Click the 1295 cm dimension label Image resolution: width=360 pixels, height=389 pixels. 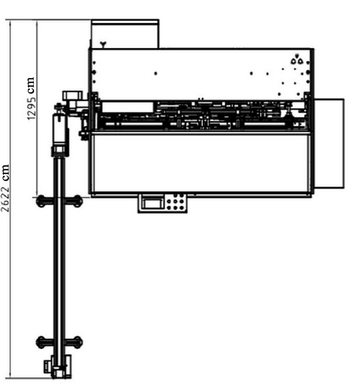[x=30, y=98]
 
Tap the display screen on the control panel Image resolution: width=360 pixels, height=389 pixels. [x=153, y=203]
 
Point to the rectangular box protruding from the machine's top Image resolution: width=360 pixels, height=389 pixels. [x=125, y=34]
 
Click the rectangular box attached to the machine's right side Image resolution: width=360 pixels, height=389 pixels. [x=329, y=143]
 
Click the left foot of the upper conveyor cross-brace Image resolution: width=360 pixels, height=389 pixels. [x=41, y=201]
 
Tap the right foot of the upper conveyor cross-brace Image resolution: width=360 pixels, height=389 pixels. [x=77, y=201]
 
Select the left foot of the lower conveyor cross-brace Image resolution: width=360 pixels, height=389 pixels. [x=41, y=341]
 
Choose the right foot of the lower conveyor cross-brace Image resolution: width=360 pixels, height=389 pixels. [x=77, y=341]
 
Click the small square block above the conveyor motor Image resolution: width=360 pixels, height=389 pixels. [x=72, y=96]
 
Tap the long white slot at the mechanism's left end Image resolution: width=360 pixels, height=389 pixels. [x=128, y=107]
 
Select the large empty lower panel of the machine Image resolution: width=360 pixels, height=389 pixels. [x=201, y=163]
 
